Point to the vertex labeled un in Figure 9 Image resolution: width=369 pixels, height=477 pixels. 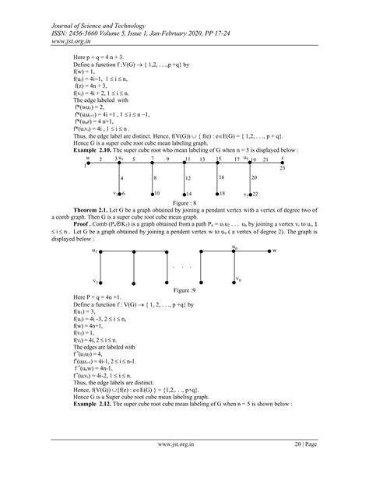click(x=235, y=251)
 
